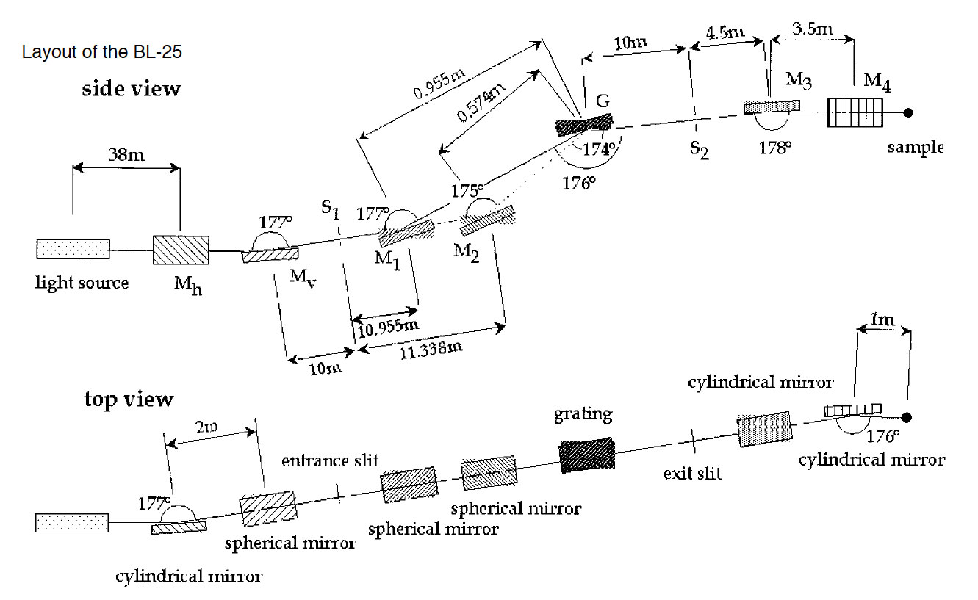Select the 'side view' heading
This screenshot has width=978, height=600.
click(x=131, y=89)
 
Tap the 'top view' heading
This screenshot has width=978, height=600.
click(x=129, y=399)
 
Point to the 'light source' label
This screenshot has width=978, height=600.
click(x=82, y=283)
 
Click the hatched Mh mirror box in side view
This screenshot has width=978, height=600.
click(x=181, y=250)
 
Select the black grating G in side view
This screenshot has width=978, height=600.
click(x=583, y=123)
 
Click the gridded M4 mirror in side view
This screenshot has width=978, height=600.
click(x=854, y=113)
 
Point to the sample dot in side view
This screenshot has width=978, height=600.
click(x=909, y=112)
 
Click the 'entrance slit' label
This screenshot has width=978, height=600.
click(x=330, y=460)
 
